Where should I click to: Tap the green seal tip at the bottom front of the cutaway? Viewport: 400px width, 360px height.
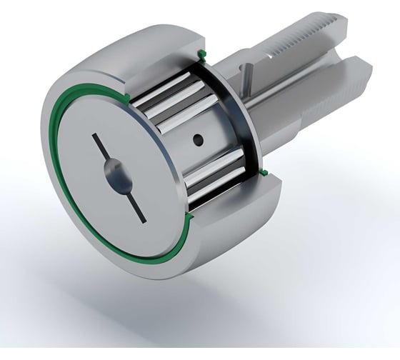coord(191,212)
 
